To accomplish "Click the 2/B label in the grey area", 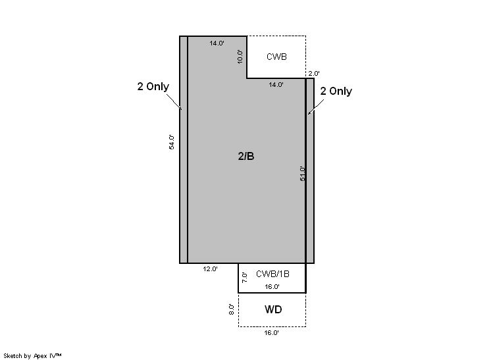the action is [246, 156].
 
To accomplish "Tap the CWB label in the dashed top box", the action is [276, 57].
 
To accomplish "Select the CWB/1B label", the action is [272, 274].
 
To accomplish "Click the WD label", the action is [273, 309].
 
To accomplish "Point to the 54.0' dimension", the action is [172, 142].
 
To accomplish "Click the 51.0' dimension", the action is [303, 174].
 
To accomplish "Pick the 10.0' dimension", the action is [240, 57].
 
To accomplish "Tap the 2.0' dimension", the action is [314, 73].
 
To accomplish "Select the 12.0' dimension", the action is [210, 269].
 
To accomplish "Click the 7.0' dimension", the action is [245, 278].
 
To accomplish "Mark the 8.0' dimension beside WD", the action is [232, 309].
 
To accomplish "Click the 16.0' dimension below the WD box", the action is [271, 333].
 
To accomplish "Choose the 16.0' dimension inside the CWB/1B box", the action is [272, 286].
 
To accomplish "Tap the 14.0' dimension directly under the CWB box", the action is [276, 84].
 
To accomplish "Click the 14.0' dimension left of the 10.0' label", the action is [217, 43].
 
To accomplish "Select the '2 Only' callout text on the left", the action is [153, 86].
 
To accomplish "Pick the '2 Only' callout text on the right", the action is [336, 91].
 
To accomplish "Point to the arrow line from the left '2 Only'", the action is [174, 101].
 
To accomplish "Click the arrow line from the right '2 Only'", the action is [316, 107].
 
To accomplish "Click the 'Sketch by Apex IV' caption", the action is [32, 355].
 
